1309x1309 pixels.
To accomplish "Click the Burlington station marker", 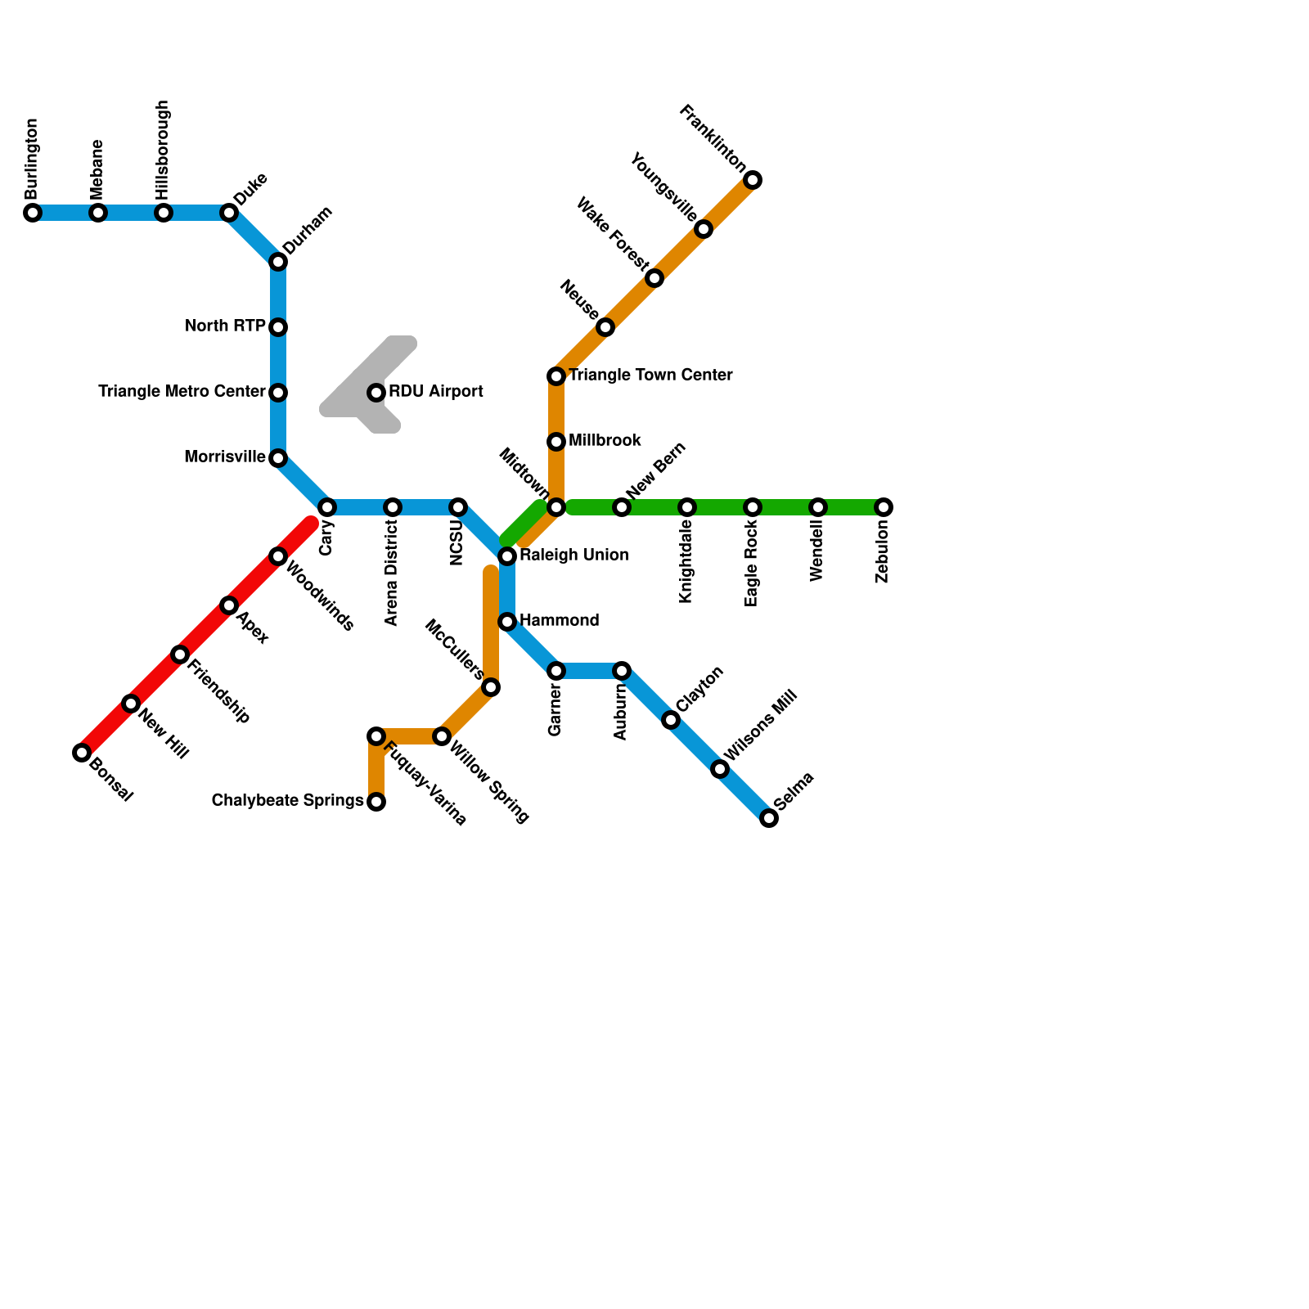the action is coord(33,213).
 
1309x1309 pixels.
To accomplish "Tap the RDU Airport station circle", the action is coord(376,393).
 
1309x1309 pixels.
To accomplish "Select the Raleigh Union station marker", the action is coord(507,556).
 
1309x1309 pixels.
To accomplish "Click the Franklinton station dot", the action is coord(753,180).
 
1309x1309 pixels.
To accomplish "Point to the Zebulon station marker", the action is coord(884,507).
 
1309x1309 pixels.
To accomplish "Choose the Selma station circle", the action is coord(769,818).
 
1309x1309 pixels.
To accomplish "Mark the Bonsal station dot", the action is coord(82,753).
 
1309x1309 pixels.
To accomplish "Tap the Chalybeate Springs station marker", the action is coord(376,802).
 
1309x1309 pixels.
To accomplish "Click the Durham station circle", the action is coord(278,262).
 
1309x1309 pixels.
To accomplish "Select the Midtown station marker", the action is coord(556,507).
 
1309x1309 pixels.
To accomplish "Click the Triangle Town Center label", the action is coord(650,376).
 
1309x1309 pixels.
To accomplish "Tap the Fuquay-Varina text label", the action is coord(425,783).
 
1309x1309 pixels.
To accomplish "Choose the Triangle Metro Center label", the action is coord(182,392).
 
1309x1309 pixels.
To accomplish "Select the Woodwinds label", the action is coord(320,596).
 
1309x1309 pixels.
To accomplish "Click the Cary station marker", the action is coord(327,507).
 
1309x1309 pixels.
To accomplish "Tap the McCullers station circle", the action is coord(491,687).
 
